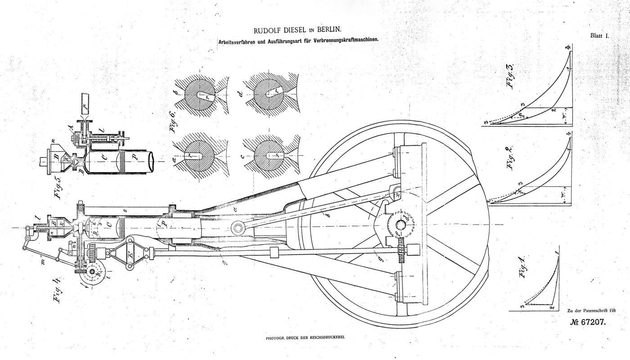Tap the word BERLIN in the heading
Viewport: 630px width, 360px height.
point(328,31)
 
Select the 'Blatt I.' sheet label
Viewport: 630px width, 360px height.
point(599,35)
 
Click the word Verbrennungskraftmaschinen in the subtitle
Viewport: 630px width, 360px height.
point(342,39)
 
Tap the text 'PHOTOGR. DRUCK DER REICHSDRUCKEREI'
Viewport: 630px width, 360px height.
point(308,337)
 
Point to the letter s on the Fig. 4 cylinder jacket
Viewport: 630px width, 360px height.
point(126,211)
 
